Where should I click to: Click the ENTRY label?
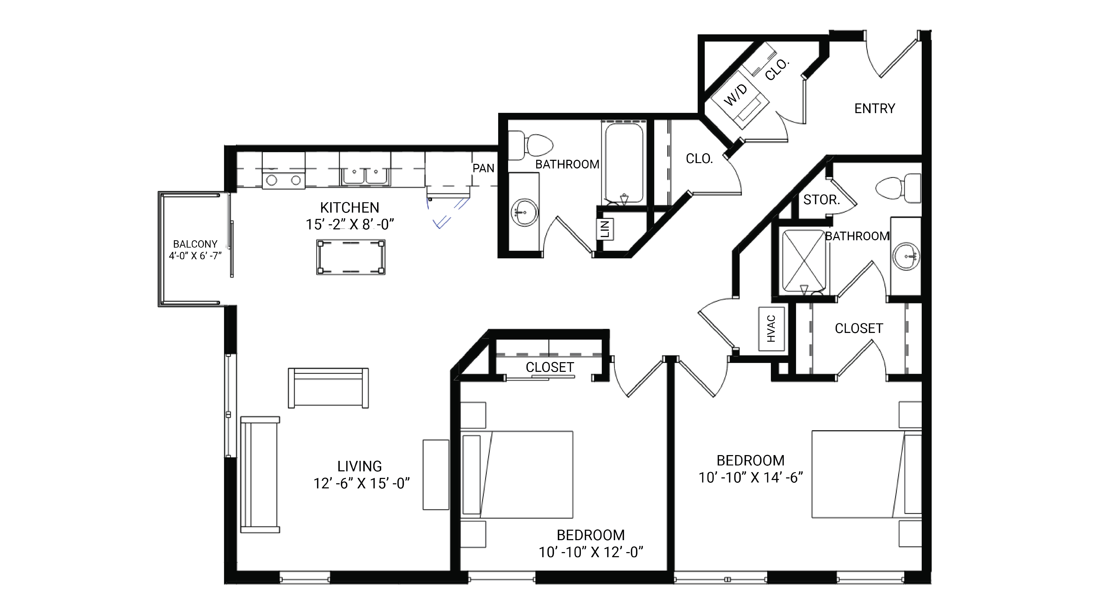coord(874,109)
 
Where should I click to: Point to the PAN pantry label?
coord(483,168)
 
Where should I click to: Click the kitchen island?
coord(350,257)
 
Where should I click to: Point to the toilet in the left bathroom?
coord(533,145)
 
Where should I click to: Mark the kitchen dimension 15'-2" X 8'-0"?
coord(350,224)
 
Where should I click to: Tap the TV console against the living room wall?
coord(436,475)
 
